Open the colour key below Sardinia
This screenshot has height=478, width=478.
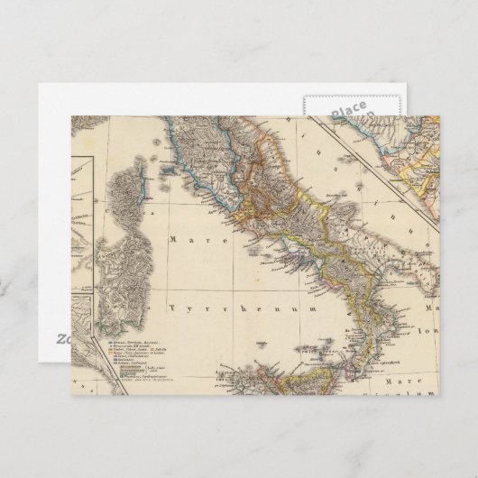click(144, 357)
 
